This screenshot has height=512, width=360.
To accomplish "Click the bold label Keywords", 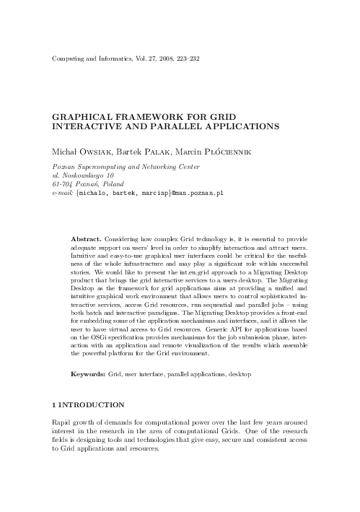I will (88, 376).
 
